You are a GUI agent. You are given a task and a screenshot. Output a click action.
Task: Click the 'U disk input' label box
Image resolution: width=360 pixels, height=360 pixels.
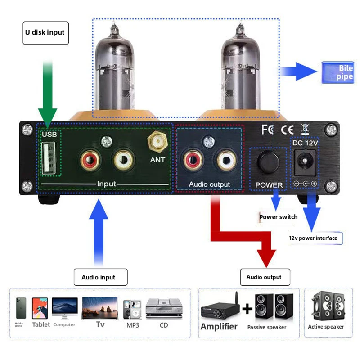click(45, 32)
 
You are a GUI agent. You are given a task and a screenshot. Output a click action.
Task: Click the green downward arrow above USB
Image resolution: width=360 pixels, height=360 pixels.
click(47, 94)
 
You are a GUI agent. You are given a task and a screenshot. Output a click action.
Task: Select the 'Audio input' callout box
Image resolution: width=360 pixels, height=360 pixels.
click(100, 277)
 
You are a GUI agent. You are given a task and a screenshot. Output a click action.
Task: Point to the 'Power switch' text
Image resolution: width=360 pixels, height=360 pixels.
click(278, 217)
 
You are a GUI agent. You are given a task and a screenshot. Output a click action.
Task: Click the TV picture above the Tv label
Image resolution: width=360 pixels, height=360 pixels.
click(99, 308)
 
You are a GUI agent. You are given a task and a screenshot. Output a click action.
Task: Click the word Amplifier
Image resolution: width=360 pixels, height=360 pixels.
click(219, 327)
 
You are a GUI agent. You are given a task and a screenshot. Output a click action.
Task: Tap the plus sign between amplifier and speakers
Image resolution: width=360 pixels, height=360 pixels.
click(247, 309)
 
